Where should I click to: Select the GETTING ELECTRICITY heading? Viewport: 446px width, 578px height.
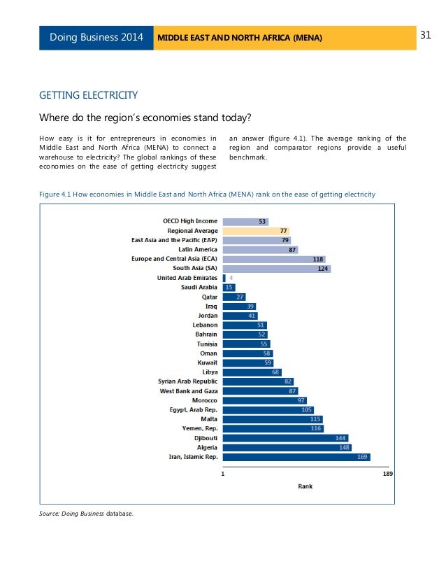[88, 94]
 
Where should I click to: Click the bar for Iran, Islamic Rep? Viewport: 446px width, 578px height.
[296, 457]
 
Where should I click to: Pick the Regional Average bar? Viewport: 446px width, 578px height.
[256, 230]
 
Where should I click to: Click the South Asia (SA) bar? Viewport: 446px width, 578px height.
[276, 268]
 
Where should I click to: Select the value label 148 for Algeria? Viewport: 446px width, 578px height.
[343, 447]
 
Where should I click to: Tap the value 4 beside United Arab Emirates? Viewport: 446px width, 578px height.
[231, 278]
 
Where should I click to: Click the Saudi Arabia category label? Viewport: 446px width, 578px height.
[199, 287]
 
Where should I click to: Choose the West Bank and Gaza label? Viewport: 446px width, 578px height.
[189, 390]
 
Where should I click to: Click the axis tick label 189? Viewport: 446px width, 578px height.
[389, 474]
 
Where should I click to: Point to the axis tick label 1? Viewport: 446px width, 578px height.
[222, 474]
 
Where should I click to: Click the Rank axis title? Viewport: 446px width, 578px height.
[305, 486]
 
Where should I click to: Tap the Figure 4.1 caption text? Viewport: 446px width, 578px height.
[207, 193]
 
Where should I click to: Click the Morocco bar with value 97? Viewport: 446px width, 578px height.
[264, 400]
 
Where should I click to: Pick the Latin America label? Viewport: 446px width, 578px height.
[198, 249]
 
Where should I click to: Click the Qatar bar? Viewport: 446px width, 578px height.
[233, 297]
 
